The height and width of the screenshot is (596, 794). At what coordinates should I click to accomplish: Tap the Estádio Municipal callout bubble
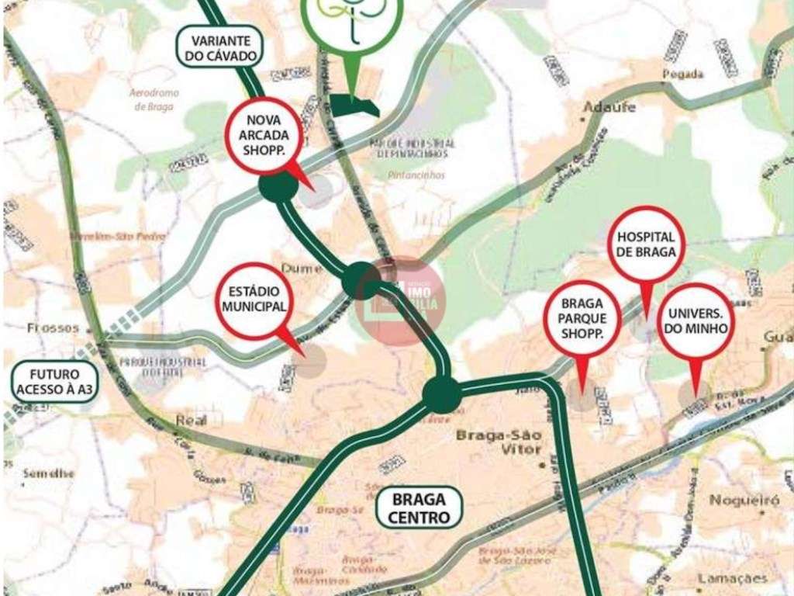[x=254, y=300]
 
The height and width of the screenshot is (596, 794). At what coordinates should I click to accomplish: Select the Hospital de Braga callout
[x=646, y=244]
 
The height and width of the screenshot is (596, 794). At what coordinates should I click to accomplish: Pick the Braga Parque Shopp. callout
[x=582, y=318]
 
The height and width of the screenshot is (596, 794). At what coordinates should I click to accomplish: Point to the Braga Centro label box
[x=420, y=508]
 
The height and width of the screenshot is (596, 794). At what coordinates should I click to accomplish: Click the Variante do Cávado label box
[x=221, y=47]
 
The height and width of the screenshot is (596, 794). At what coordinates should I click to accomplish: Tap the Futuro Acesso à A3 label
[x=48, y=381]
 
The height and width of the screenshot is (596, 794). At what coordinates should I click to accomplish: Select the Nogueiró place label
[x=744, y=501]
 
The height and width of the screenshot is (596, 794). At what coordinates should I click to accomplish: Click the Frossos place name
[x=54, y=327]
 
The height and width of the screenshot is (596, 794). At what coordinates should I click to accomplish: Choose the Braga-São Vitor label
[x=498, y=442]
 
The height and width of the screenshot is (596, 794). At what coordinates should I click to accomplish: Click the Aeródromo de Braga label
[x=153, y=99]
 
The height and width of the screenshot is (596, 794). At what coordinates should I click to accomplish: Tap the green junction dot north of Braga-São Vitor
[x=442, y=395]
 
